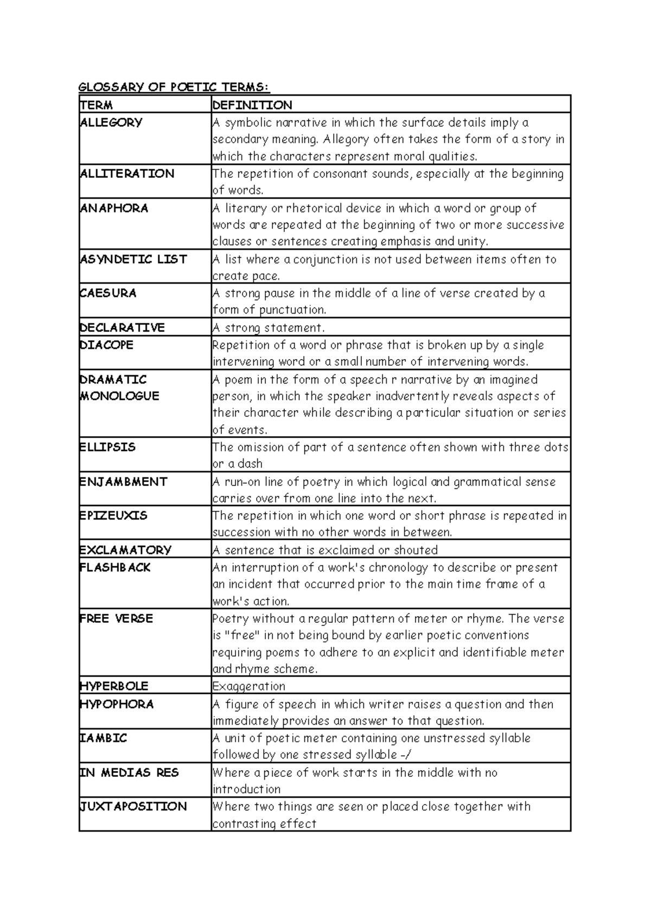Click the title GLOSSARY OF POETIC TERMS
(174, 87)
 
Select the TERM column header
(96, 105)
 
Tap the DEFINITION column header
(252, 105)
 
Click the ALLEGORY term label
(111, 122)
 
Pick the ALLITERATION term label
(127, 174)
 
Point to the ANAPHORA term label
(114, 208)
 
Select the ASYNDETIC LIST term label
(133, 259)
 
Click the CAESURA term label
(108, 293)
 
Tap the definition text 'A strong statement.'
(269, 328)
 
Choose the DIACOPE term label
(106, 345)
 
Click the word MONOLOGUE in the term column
(119, 396)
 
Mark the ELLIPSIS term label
(107, 447)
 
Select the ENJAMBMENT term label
(123, 481)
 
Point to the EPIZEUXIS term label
(113, 515)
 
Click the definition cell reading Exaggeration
(249, 686)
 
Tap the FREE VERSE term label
(116, 618)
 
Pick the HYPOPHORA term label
(117, 704)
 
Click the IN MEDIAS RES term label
(129, 772)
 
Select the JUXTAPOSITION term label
(133, 806)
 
